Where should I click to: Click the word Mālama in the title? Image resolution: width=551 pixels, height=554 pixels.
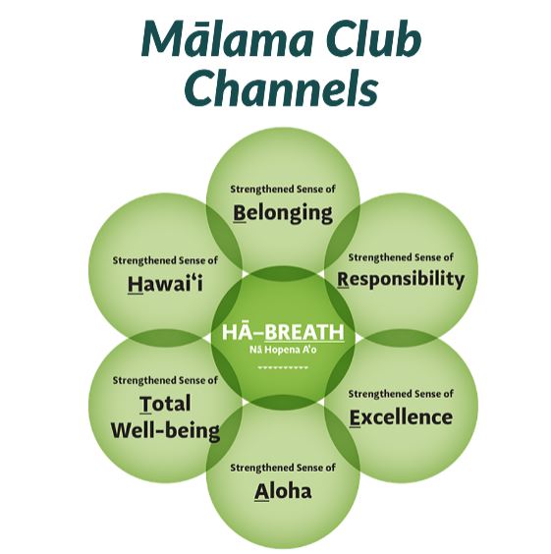click(x=228, y=39)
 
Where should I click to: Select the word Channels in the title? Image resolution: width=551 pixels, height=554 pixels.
click(x=282, y=86)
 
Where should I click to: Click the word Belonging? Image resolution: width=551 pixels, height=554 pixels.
click(x=283, y=213)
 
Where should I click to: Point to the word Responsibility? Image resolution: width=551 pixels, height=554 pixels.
click(x=401, y=279)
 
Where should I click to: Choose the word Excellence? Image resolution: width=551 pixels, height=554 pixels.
click(x=402, y=417)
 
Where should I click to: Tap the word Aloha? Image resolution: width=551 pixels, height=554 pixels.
click(x=283, y=491)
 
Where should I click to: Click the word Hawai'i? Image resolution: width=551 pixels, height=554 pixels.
click(x=165, y=283)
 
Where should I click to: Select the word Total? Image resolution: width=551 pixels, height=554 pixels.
click(x=165, y=404)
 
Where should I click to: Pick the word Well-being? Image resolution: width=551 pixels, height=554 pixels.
click(x=165, y=431)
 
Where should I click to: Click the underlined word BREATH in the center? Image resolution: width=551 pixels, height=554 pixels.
click(x=304, y=332)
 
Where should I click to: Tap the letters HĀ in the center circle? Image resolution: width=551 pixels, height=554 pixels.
click(x=234, y=331)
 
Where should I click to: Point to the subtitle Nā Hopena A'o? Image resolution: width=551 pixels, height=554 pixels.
click(x=283, y=350)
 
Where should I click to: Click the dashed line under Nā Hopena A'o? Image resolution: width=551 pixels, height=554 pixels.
click(x=283, y=367)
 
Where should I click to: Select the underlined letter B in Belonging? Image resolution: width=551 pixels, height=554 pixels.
click(x=239, y=213)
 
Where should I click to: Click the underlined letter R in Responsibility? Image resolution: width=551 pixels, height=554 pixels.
click(x=343, y=280)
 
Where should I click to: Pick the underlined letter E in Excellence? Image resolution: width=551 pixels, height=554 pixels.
click(x=355, y=418)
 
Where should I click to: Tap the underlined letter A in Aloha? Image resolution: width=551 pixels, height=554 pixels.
click(x=261, y=492)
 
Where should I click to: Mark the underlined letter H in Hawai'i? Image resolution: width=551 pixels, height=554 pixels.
click(x=136, y=284)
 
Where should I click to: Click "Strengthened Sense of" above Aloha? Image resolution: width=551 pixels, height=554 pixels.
click(x=283, y=468)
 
